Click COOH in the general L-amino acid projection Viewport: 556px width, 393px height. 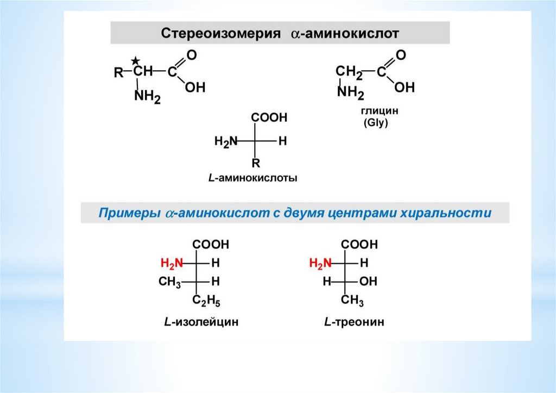269,117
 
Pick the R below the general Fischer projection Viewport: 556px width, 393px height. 256,163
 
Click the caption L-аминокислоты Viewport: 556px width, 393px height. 252,178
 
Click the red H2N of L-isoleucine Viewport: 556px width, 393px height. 172,264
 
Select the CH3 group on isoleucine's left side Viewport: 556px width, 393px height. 169,282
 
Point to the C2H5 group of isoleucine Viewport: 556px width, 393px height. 206,301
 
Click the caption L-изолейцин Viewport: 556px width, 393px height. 201,322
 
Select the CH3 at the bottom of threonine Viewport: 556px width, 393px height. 352,301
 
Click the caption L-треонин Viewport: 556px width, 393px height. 354,322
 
